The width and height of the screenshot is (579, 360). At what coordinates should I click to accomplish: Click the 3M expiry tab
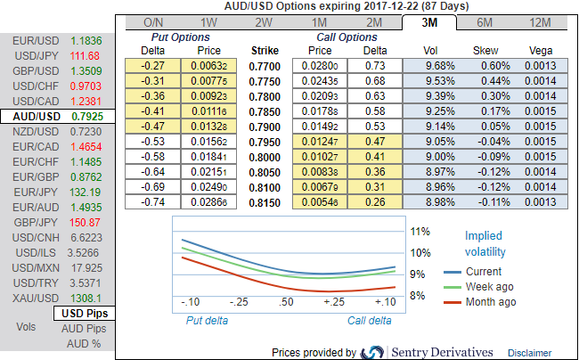coord(429,21)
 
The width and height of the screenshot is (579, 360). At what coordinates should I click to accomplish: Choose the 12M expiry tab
coord(540,21)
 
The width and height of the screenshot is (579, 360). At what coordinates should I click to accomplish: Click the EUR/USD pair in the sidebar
coord(36,41)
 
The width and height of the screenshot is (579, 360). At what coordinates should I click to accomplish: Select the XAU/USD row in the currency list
coord(36,299)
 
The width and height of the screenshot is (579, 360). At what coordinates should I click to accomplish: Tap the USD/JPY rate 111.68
coord(86,56)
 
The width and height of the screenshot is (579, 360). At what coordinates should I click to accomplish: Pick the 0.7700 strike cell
coord(265,66)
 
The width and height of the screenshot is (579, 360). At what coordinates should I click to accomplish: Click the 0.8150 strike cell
coord(265,203)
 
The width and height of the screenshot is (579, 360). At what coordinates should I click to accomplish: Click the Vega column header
coord(540,51)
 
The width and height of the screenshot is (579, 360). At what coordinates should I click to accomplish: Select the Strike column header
coord(265,51)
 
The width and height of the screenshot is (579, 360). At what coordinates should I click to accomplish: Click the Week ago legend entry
coord(490,287)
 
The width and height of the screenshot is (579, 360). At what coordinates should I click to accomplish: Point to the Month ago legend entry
coord(490,302)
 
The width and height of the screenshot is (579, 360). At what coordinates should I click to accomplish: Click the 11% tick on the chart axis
coord(420,231)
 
